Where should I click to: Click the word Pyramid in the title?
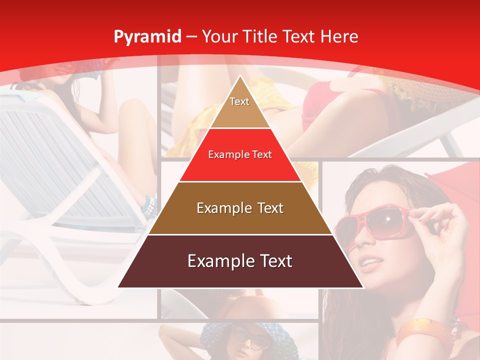click(147, 37)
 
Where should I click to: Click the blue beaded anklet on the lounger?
click(149, 205)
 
